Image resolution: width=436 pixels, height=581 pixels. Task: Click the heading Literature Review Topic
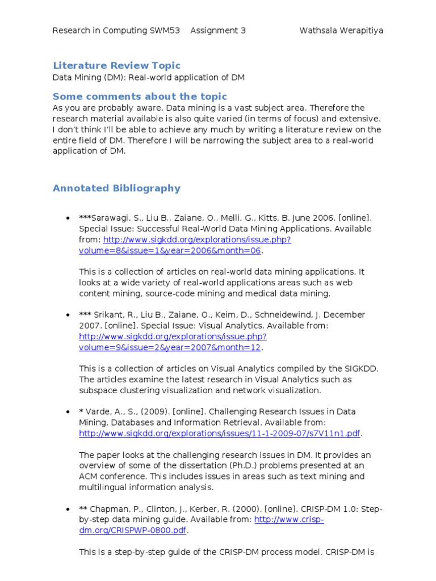pyautogui.click(x=116, y=66)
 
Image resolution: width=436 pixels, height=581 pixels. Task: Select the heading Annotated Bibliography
pyautogui.click(x=116, y=188)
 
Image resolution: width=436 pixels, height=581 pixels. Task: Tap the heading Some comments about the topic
pyautogui.click(x=140, y=96)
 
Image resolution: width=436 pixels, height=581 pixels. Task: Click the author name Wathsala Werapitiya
pyautogui.click(x=341, y=31)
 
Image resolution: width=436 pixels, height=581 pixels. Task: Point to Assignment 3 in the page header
pyautogui.click(x=218, y=31)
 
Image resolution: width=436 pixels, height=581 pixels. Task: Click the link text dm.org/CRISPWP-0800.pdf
pyautogui.click(x=132, y=531)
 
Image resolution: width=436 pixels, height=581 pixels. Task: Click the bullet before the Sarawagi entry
pyautogui.click(x=68, y=218)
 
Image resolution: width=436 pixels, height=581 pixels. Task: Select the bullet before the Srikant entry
pyautogui.click(x=68, y=315)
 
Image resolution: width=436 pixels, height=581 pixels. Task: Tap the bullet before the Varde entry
pyautogui.click(x=68, y=412)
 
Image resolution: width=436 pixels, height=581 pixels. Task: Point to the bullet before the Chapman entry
pyautogui.click(x=68, y=509)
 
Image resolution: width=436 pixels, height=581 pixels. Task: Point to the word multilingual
pyautogui.click(x=102, y=487)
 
